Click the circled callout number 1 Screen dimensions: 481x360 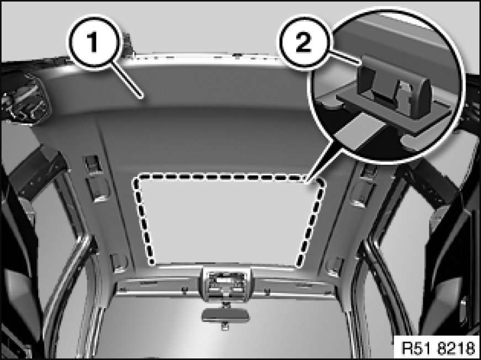coord(93,42)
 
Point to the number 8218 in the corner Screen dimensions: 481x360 coord(457,348)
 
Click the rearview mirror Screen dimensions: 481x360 coord(226,315)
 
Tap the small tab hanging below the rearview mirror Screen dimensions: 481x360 coord(225,326)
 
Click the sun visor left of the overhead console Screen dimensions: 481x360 coord(157,287)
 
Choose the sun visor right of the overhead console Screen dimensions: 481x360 coord(295,287)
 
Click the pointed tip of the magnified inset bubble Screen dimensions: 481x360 coord(307,183)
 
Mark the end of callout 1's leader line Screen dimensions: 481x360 coord(142,98)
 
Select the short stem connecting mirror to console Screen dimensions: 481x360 coord(226,305)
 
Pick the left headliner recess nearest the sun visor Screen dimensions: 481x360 coord(119,263)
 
